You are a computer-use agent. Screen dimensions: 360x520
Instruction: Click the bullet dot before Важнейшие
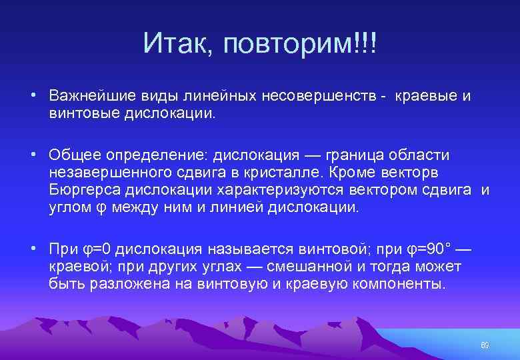[x=33, y=95]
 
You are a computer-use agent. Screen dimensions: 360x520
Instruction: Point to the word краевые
[x=427, y=96]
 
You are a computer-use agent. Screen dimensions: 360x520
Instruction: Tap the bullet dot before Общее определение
[x=33, y=155]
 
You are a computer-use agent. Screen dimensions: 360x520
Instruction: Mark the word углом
[x=69, y=207]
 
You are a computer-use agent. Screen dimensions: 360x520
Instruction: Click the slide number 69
[x=485, y=345]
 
